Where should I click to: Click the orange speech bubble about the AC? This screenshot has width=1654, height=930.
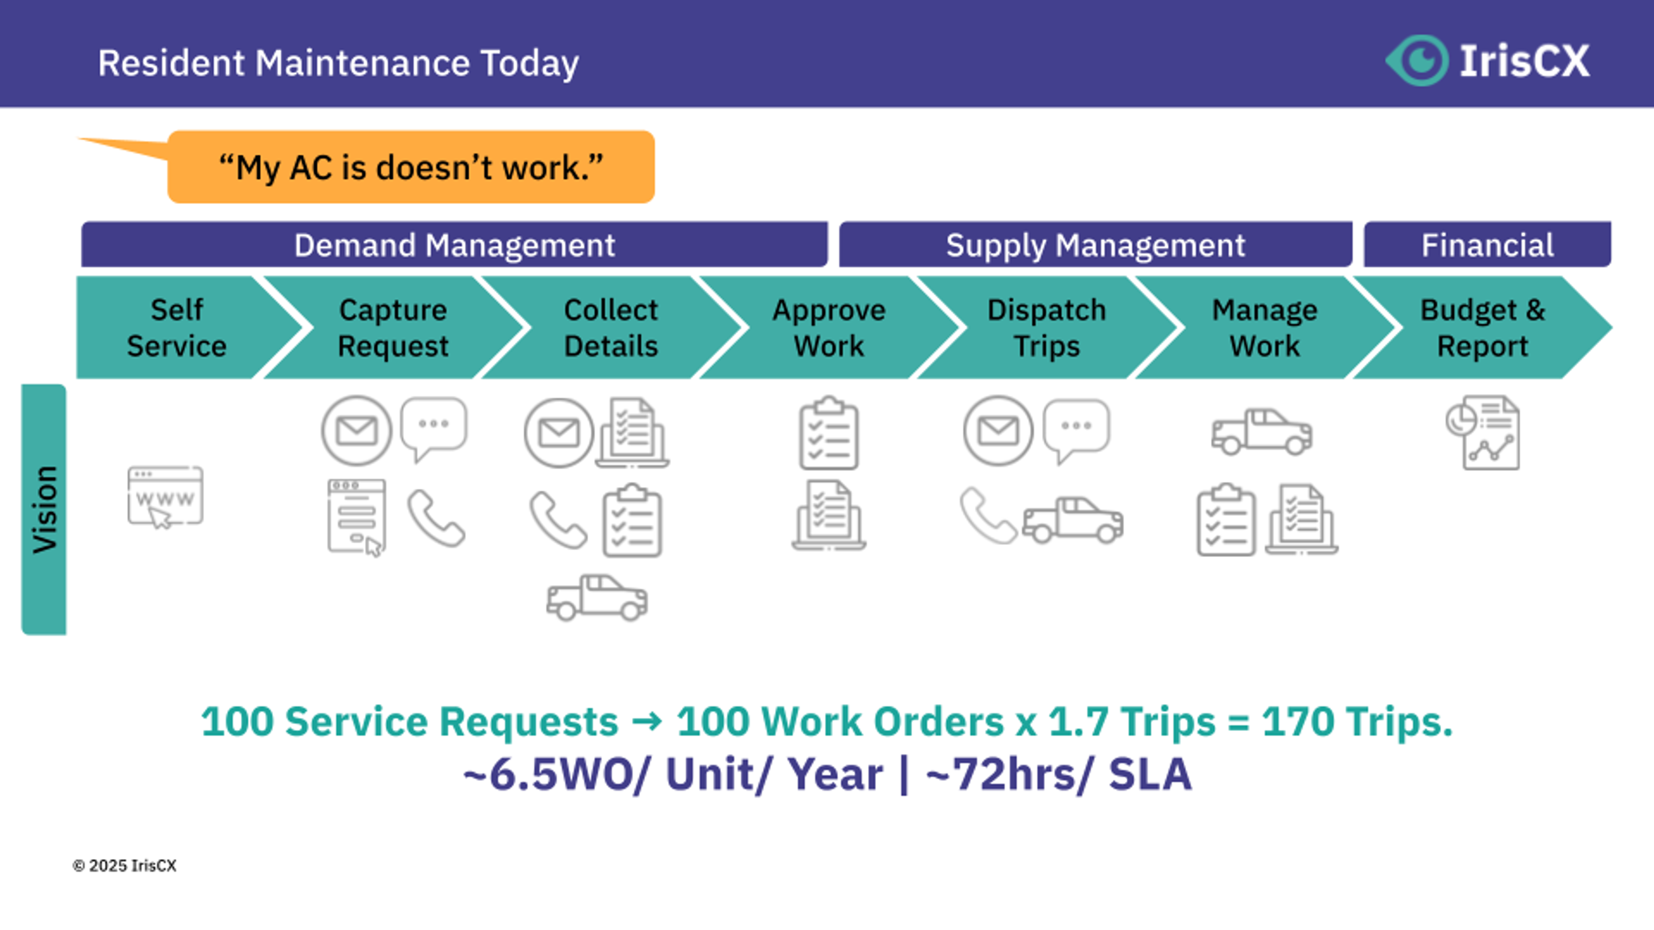pyautogui.click(x=411, y=167)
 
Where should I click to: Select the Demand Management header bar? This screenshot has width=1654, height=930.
pyautogui.click(x=454, y=245)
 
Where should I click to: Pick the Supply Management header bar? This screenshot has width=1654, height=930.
pyautogui.click(x=1095, y=245)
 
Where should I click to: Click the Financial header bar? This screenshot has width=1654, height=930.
pyautogui.click(x=1487, y=245)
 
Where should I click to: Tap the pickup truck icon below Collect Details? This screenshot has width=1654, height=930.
pyautogui.click(x=597, y=598)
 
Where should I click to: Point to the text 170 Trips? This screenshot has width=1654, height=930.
pyautogui.click(x=1356, y=722)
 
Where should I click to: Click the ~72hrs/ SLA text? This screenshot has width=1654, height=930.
pyautogui.click(x=1058, y=774)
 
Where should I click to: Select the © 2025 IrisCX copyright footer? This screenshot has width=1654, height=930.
pyautogui.click(x=124, y=866)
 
